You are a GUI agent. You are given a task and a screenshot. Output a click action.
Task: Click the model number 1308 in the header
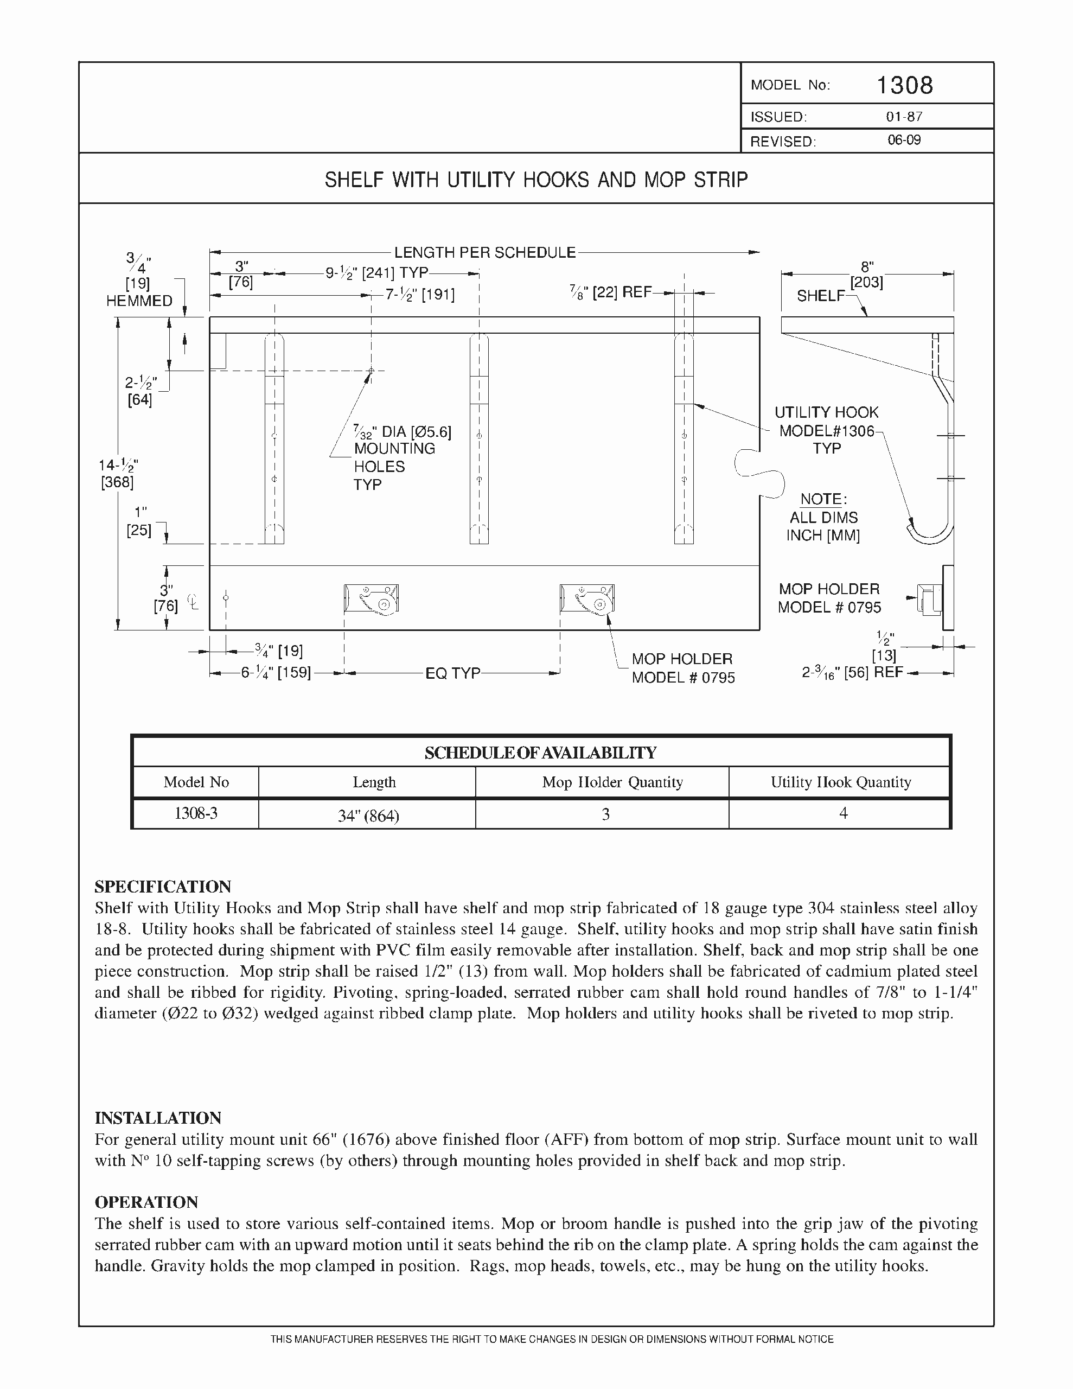904,85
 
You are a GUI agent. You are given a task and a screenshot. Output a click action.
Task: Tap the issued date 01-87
904,117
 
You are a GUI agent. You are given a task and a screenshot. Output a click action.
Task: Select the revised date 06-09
904,140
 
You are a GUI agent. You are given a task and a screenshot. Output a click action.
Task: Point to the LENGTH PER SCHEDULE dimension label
484,252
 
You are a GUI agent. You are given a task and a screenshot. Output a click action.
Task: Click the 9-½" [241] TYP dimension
376,273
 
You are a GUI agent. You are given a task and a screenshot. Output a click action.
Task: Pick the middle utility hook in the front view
479,439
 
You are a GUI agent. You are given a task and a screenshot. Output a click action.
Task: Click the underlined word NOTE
823,499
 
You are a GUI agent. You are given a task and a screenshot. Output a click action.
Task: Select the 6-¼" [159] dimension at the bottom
276,673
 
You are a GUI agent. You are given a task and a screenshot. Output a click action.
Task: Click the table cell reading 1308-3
196,813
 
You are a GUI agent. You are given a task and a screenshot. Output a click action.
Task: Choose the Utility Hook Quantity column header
840,782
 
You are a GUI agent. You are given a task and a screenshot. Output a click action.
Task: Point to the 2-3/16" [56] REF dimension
852,672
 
